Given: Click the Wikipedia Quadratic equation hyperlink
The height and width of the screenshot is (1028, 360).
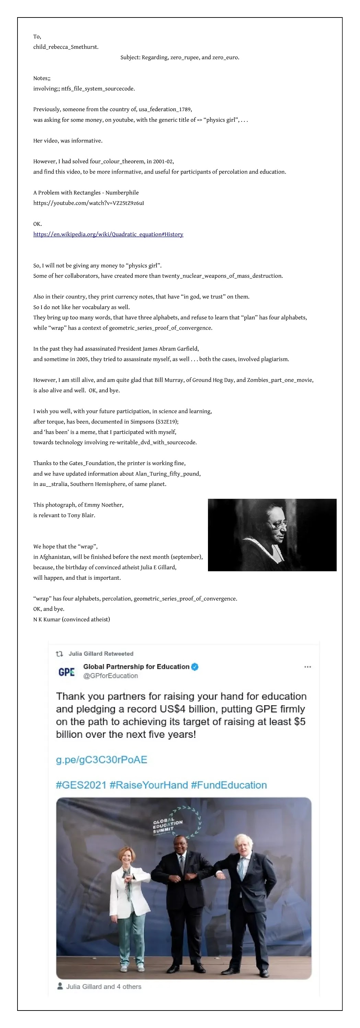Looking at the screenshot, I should pos(108,234).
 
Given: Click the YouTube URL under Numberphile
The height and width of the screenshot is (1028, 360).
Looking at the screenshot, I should pos(88,203).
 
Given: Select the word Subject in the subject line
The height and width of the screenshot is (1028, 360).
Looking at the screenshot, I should pos(130,58).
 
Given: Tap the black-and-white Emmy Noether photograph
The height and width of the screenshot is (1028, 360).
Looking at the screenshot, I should pos(272,534).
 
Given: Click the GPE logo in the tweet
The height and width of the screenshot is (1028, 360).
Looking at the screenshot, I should pos(67,672).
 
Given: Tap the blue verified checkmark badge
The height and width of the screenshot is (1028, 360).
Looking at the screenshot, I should pos(195,667).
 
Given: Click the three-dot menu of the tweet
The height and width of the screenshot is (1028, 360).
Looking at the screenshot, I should pos(307,667).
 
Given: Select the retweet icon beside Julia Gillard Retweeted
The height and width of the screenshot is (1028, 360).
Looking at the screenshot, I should pos(59,654).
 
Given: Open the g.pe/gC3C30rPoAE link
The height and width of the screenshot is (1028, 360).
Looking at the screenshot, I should pos(101,759).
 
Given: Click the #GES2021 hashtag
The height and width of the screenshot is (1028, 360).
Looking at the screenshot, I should pos(81,785).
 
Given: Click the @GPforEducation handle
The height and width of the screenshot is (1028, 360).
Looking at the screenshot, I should pos(111,676).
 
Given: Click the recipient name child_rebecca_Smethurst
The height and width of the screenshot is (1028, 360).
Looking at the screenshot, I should pos(66,47).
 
